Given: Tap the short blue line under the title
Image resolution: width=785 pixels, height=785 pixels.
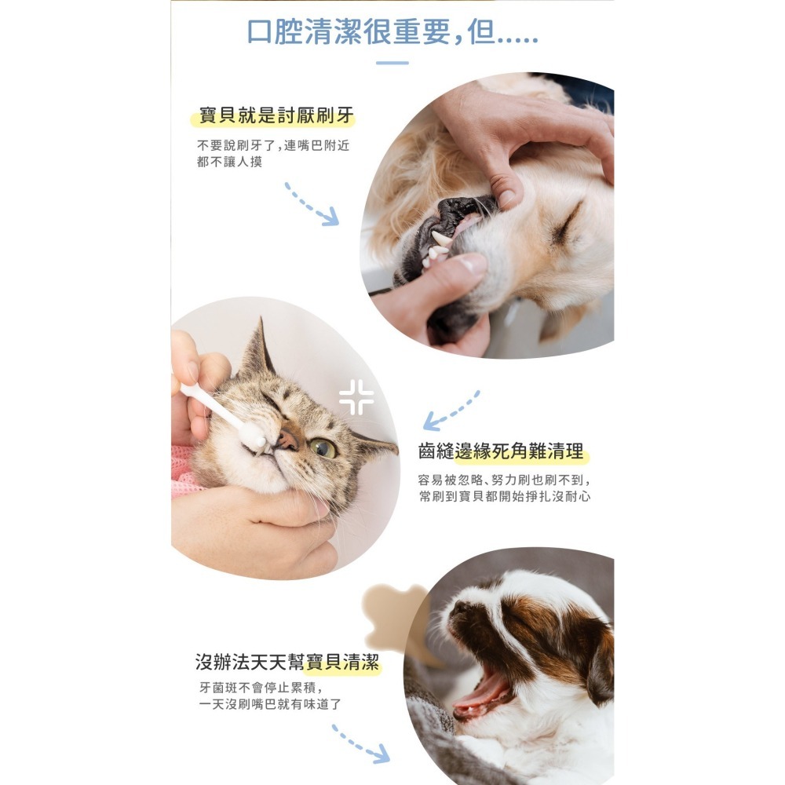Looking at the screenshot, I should click(392, 63).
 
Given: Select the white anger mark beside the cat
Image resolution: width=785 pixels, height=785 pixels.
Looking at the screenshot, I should click(356, 397).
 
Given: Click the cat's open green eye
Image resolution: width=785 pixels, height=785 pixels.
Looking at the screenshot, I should click(323, 448).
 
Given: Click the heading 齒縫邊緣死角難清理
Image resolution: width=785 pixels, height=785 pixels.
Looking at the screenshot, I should click(502, 451).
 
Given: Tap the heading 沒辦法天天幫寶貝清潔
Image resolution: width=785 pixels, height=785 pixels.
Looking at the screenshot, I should click(287, 663).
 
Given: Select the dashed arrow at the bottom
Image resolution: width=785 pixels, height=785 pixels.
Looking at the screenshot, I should click(360, 744).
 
